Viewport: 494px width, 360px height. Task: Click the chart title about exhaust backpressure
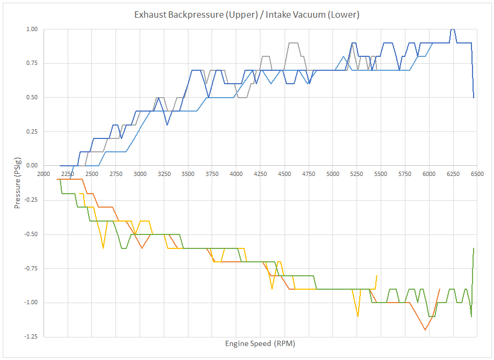[246, 14]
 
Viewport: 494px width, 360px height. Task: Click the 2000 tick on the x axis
[43, 174]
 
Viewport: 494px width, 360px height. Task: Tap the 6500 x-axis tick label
[477, 174]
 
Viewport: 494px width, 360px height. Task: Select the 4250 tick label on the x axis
[260, 174]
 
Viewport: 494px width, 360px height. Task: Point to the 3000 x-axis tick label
[140, 174]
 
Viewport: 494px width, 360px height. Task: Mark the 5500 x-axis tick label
[381, 174]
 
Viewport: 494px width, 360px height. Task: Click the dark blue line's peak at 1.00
[453, 30]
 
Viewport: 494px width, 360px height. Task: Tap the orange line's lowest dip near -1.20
[425, 329]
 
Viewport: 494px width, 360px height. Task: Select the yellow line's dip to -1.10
[358, 316]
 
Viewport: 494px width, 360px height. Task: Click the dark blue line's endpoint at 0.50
[474, 97]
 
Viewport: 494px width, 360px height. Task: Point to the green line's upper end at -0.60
[474, 248]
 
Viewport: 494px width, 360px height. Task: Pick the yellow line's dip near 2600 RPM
[103, 247]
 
